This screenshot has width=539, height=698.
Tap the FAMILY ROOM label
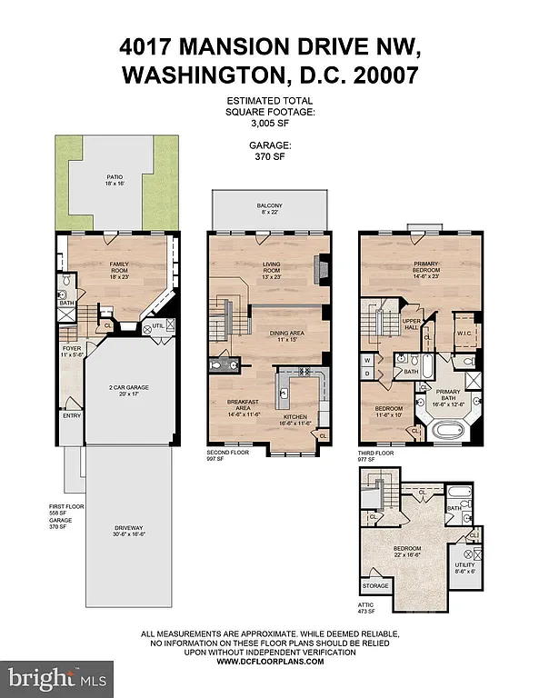point(115,267)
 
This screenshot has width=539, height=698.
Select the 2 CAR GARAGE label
point(130,388)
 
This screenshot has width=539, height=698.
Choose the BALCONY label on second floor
point(269,205)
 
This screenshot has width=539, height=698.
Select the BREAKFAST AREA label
point(237,408)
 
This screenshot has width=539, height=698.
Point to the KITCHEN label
point(300,419)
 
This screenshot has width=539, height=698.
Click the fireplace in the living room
point(317,269)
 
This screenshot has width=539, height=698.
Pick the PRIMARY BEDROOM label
point(425,267)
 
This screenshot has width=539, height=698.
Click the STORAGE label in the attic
point(377,586)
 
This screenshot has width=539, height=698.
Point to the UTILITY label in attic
point(475,568)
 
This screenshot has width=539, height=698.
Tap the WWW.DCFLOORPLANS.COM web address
point(269,663)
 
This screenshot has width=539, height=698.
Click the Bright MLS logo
point(57,676)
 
